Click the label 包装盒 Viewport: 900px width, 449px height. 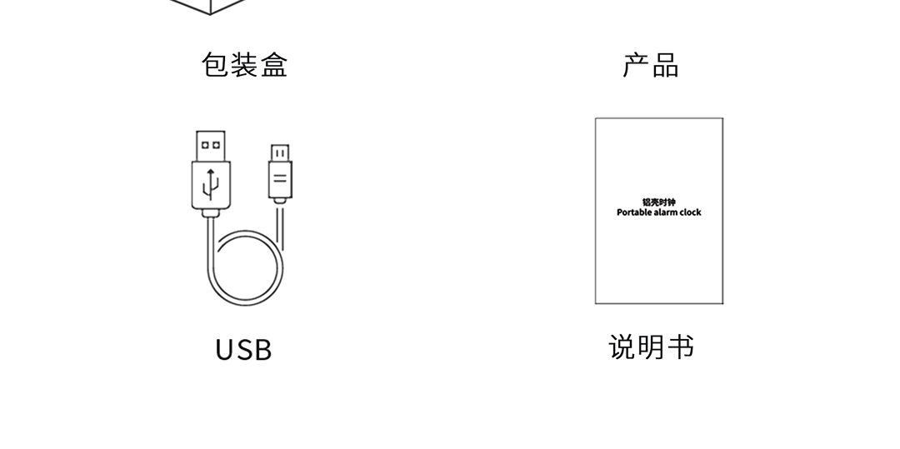[x=244, y=65]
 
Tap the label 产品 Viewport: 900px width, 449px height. [x=651, y=65]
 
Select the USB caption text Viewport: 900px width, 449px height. [x=243, y=350]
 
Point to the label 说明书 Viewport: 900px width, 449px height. [x=651, y=347]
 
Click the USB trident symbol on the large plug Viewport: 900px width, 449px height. [x=211, y=183]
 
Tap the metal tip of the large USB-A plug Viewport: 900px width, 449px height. [x=211, y=145]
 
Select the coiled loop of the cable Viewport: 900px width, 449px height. [x=247, y=268]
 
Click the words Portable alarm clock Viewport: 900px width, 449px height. [x=658, y=212]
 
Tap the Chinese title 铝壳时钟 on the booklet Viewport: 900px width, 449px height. [x=658, y=202]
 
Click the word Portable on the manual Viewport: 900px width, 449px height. [x=632, y=212]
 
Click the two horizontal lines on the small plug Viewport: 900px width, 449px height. [x=280, y=178]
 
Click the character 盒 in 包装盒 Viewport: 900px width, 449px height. [x=273, y=65]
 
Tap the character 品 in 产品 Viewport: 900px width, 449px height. [x=665, y=65]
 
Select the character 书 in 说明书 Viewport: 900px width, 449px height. [x=679, y=347]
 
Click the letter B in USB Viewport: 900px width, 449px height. [x=262, y=350]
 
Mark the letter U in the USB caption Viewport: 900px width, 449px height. [x=224, y=350]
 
